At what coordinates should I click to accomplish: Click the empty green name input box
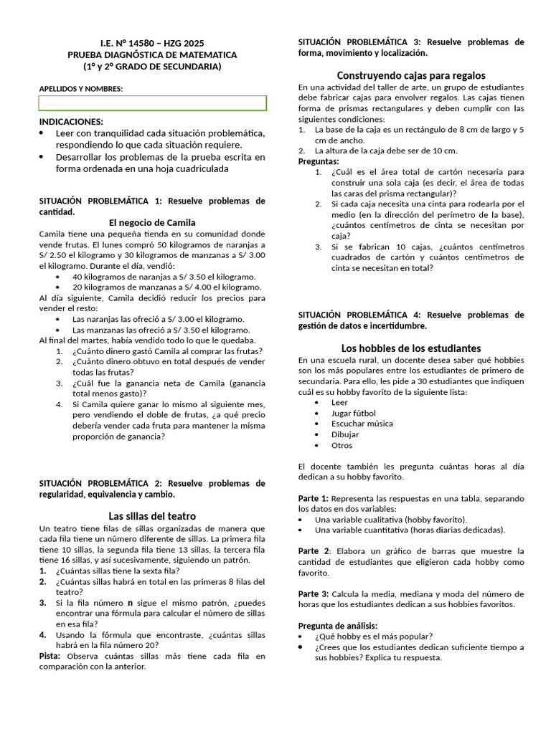pos(152,103)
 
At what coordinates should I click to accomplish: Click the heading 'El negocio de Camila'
pos(151,222)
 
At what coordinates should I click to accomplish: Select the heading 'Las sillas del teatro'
pos(151,516)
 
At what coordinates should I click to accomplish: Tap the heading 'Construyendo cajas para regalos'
pos(411,75)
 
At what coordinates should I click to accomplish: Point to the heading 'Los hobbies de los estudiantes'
pos(411,348)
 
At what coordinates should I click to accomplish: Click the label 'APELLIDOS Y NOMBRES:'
pos(80,89)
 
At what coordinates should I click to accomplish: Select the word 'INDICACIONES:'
pos(71,122)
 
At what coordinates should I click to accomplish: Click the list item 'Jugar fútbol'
pos(353,413)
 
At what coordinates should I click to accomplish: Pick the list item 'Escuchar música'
pos(362,424)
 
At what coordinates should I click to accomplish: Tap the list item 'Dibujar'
pos(345,434)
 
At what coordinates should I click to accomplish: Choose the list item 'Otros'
pos(342,445)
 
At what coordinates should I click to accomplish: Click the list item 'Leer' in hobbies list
pos(339,402)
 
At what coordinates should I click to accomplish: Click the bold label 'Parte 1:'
pos(313,498)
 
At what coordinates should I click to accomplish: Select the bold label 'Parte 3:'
pos(313,594)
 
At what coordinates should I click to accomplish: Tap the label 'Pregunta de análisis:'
pos(337,626)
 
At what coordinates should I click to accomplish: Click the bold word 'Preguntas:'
pos(319,161)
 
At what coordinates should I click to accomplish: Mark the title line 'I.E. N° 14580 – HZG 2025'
pos(151,44)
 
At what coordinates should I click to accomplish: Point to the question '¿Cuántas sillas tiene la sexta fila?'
pos(118,571)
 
